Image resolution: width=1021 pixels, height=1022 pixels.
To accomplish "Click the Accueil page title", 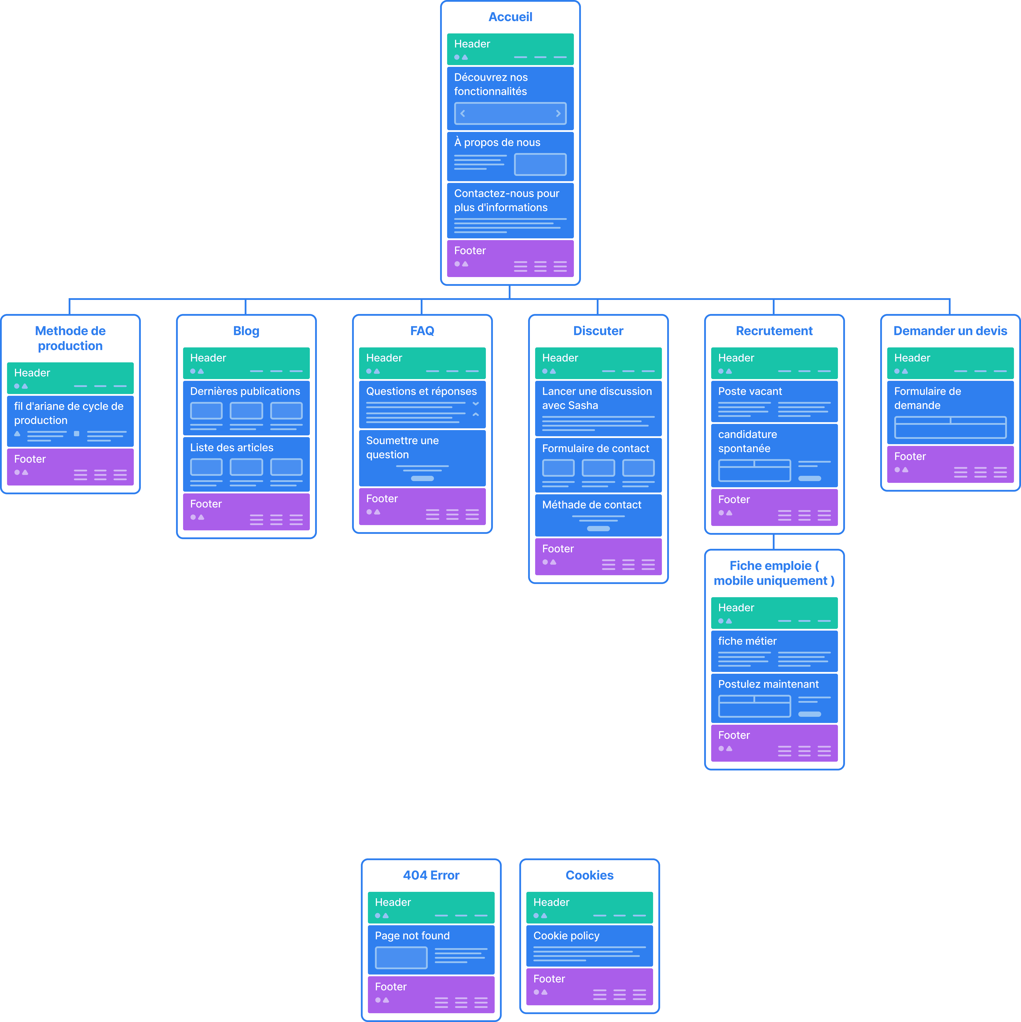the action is pos(510,17).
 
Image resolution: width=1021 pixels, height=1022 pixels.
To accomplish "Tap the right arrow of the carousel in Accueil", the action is pos(558,113).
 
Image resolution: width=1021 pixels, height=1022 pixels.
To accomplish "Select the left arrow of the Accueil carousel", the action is pos(463,113).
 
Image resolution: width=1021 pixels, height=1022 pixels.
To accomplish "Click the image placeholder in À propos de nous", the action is pos(540,164).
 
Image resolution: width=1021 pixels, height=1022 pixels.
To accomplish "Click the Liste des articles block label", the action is pos(232,447).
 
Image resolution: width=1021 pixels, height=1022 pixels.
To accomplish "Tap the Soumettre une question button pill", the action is pos(422,478).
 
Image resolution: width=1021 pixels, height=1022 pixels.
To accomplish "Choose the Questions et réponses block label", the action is pos(421,391).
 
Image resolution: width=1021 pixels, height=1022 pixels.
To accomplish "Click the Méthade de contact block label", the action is pos(592,505).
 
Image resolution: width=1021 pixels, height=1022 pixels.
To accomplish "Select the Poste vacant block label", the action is pos(750,391).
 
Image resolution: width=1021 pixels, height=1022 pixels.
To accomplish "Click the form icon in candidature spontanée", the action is pos(754,470).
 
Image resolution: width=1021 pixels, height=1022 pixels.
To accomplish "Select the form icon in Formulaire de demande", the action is pos(950,427).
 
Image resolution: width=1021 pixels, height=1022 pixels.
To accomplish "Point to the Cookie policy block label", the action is pos(566,936).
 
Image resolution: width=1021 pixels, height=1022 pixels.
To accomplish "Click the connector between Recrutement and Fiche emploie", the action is pos(774,542).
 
